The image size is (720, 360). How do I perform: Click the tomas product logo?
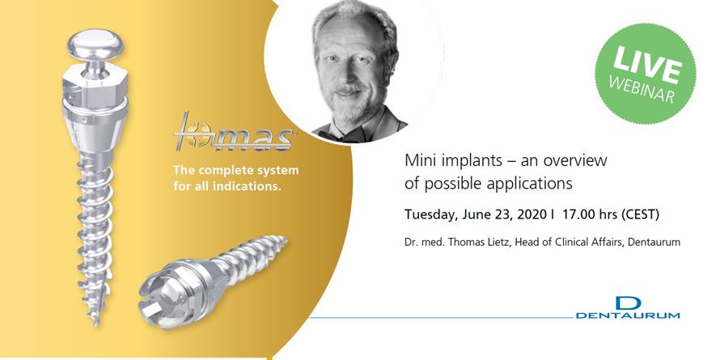click(234, 131)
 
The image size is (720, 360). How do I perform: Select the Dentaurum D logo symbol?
click(628, 303)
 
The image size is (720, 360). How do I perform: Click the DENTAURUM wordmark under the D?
click(628, 316)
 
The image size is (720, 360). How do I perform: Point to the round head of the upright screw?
click(95, 44)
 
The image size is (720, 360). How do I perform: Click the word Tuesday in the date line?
click(429, 215)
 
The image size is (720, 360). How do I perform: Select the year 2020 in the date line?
click(530, 215)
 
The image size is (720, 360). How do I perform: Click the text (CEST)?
click(640, 215)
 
